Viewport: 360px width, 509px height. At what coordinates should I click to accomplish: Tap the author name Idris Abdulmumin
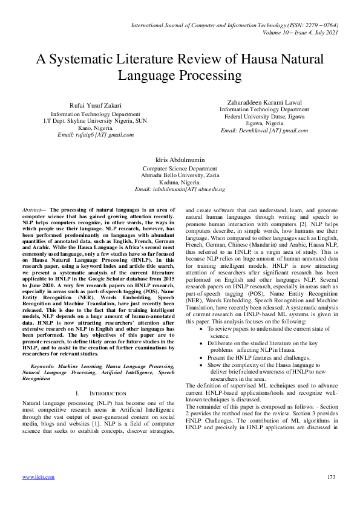(180, 160)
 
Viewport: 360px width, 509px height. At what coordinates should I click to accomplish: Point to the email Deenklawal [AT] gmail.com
(260, 130)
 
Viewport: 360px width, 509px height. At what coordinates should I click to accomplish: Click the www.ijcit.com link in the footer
(38, 477)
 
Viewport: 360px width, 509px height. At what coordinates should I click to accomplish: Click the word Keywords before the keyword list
(49, 366)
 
